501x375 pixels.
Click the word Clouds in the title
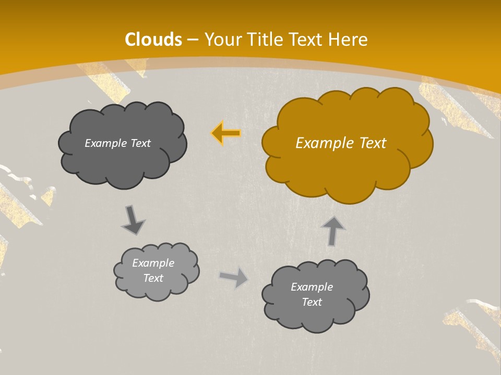(153, 40)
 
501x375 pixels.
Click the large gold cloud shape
(344, 167)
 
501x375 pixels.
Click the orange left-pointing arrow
(226, 133)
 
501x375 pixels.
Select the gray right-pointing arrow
(234, 278)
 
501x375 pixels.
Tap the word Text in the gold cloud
(373, 143)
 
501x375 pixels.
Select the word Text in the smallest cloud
(153, 278)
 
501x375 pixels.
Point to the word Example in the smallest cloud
(153, 263)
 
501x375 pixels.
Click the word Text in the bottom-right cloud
(312, 302)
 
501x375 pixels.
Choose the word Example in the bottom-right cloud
(312, 287)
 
